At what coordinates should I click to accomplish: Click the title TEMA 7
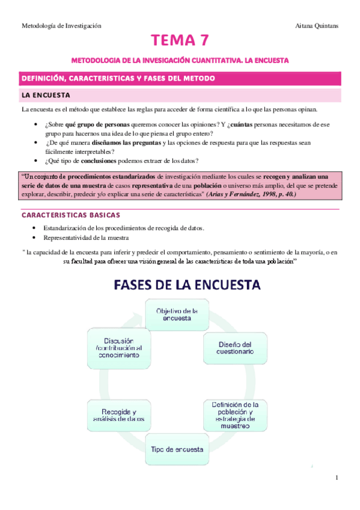point(180,41)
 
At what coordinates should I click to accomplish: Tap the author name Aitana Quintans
point(317,26)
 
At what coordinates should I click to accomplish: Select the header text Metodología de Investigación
point(61,26)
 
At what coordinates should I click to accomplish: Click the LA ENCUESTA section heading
point(46,95)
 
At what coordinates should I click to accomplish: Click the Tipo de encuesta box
point(177,449)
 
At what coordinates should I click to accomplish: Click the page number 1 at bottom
point(337,478)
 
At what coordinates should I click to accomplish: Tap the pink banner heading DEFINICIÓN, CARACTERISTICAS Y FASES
point(118,79)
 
